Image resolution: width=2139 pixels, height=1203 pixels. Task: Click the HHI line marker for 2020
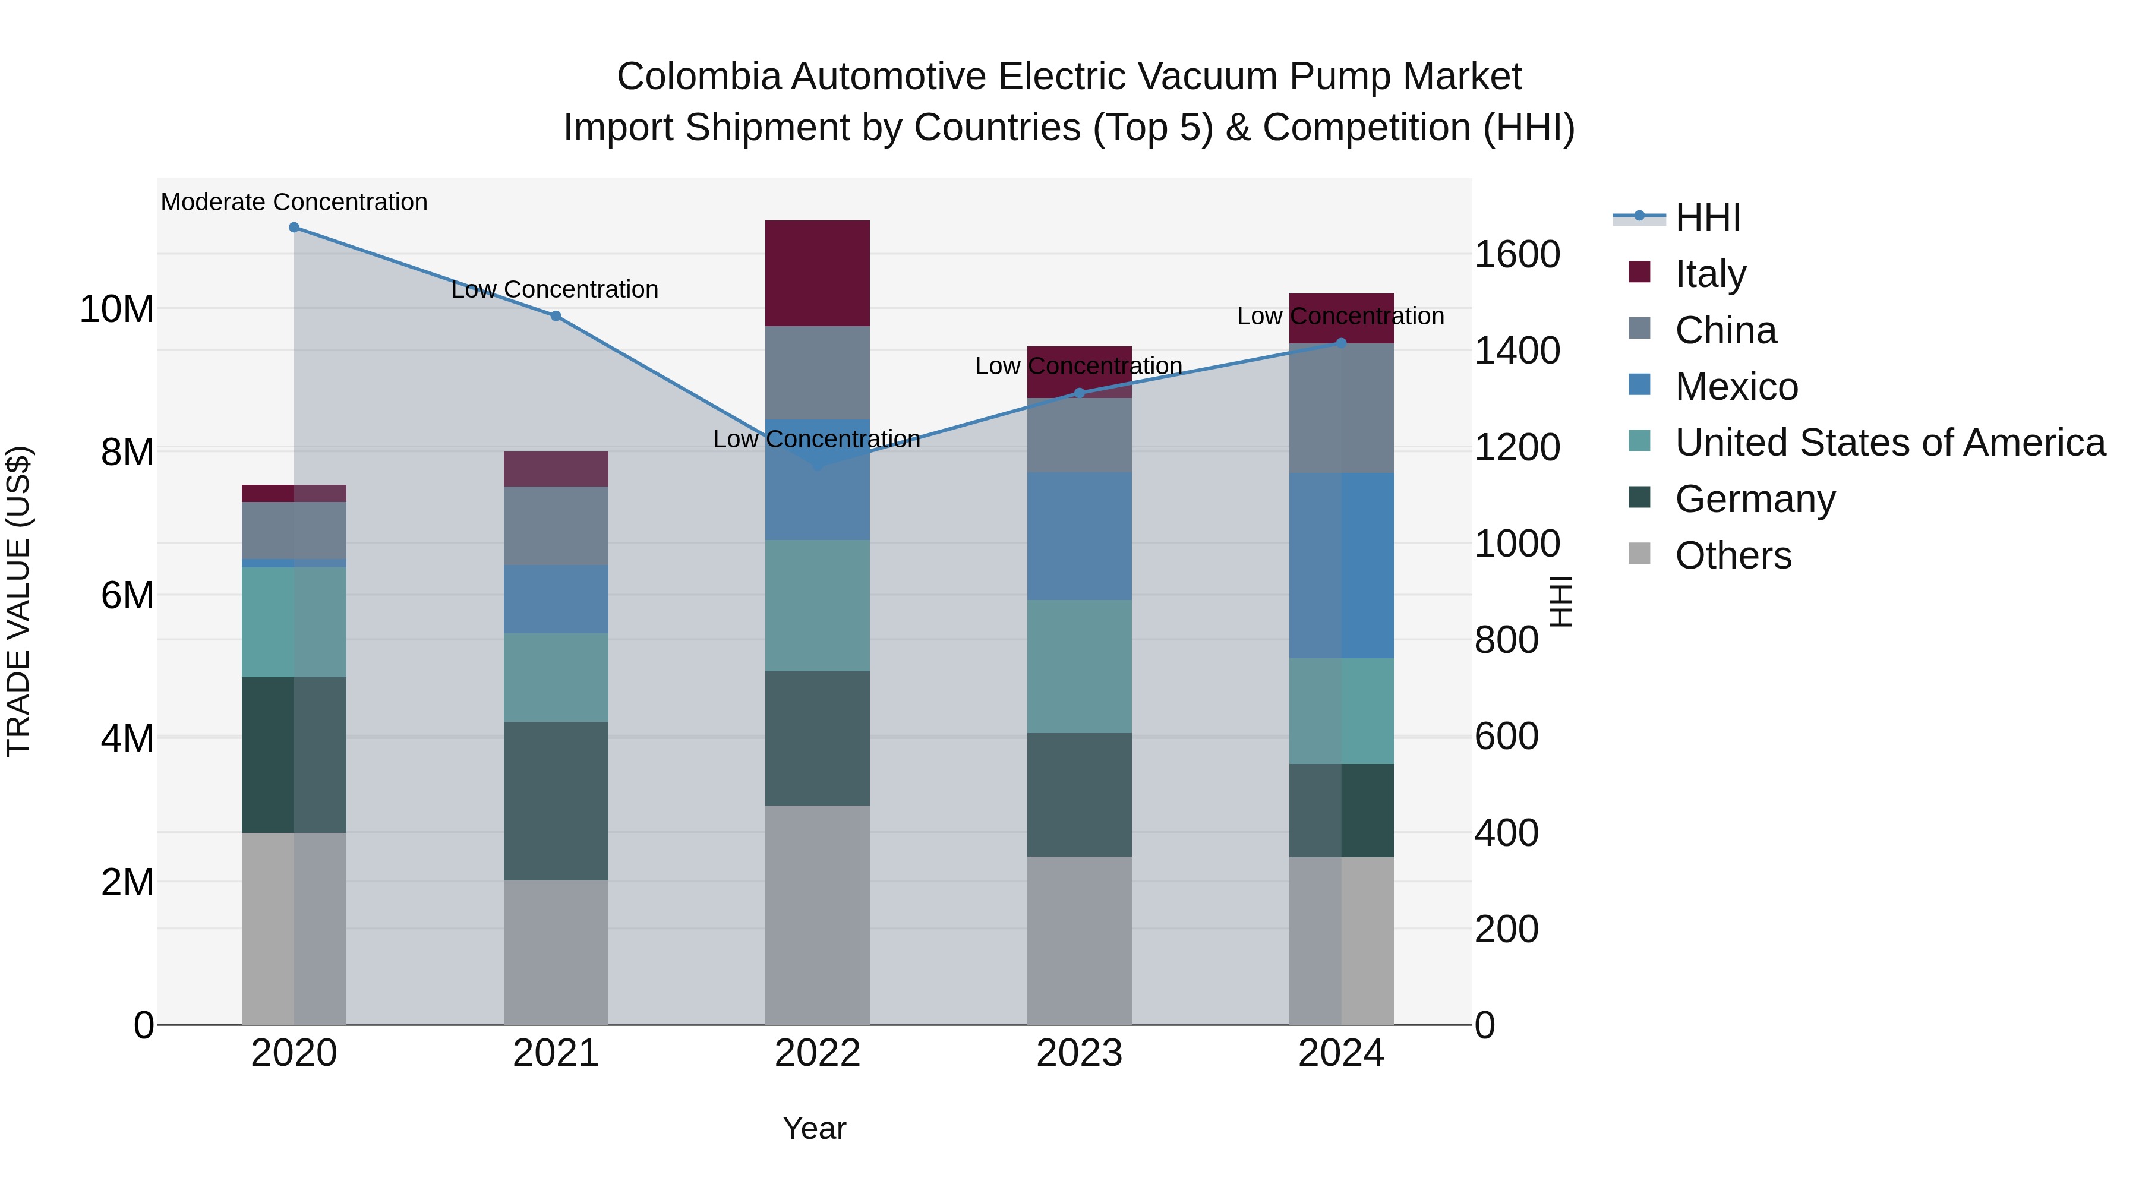294,228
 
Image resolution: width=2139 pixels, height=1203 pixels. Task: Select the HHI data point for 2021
556,316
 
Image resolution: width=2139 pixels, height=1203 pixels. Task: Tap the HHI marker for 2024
1341,343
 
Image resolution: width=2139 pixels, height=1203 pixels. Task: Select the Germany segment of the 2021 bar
556,801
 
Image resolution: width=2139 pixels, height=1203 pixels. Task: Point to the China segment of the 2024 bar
1341,409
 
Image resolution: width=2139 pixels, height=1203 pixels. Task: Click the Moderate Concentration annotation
294,203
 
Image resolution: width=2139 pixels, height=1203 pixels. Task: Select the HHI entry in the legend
1706,217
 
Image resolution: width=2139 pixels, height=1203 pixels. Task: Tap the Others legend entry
1732,555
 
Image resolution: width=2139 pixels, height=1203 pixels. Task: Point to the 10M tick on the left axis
116,310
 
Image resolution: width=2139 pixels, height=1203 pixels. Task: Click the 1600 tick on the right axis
1516,255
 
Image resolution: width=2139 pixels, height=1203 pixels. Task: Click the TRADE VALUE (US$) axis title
18,601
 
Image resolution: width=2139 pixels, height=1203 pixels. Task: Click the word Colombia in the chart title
698,77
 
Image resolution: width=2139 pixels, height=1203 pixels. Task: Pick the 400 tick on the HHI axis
1506,833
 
